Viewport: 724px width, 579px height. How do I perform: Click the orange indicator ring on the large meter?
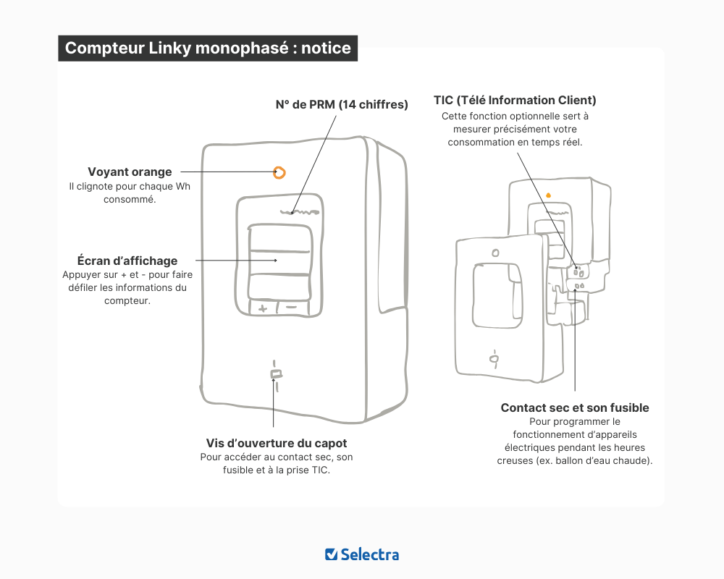point(279,172)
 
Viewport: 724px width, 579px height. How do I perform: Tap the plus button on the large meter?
point(262,308)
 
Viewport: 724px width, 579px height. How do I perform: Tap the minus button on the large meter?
point(292,307)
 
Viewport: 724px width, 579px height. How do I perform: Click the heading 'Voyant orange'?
point(130,172)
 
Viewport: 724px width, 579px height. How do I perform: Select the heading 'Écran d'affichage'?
point(127,261)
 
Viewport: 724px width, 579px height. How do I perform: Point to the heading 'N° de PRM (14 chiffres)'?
point(342,104)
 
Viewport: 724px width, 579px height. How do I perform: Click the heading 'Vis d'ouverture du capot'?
point(277,443)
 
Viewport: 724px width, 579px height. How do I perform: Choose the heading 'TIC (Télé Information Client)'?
point(515,100)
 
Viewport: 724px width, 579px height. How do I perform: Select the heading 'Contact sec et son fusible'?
point(575,408)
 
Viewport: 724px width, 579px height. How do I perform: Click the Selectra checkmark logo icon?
point(331,554)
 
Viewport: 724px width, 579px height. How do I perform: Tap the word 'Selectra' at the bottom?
point(370,554)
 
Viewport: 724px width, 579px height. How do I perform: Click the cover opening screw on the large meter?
point(275,374)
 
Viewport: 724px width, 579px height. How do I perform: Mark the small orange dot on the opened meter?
point(548,195)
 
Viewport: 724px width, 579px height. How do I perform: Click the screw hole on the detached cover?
point(494,358)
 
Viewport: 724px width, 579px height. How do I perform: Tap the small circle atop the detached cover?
point(494,253)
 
